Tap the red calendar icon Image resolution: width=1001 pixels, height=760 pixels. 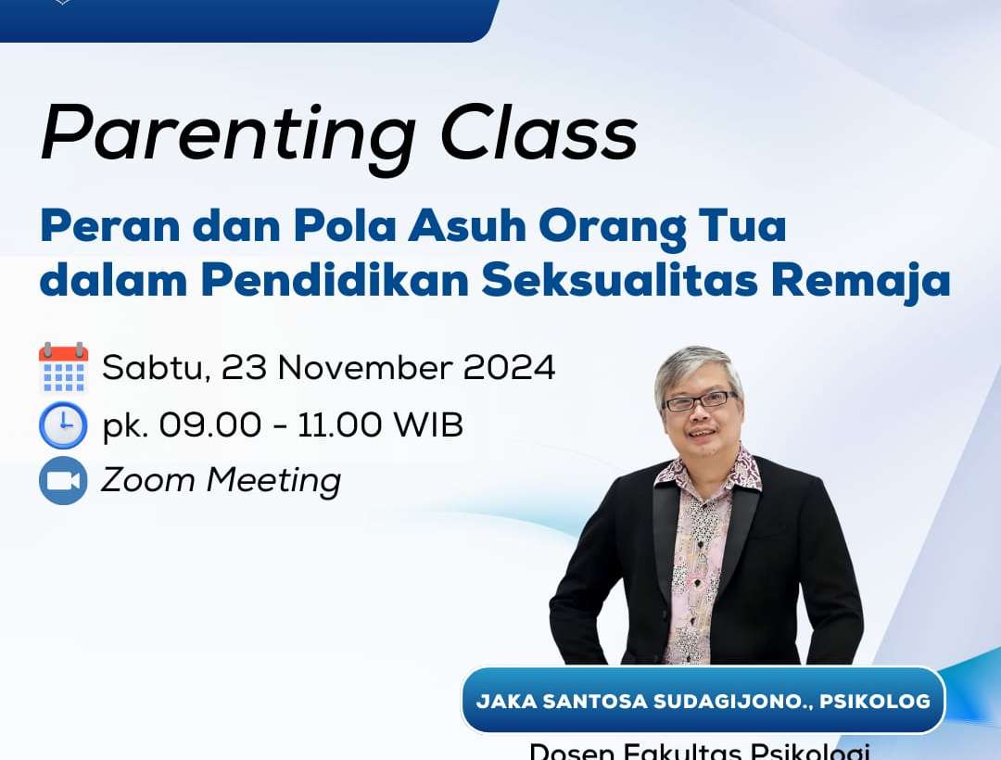pos(63,368)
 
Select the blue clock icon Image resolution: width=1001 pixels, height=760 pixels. pos(63,425)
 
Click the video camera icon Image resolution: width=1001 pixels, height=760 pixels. pos(63,480)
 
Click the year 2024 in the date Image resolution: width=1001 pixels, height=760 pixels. pos(509,368)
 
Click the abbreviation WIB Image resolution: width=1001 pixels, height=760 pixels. pos(428,425)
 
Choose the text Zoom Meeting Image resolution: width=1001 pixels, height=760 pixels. pos(221,480)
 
